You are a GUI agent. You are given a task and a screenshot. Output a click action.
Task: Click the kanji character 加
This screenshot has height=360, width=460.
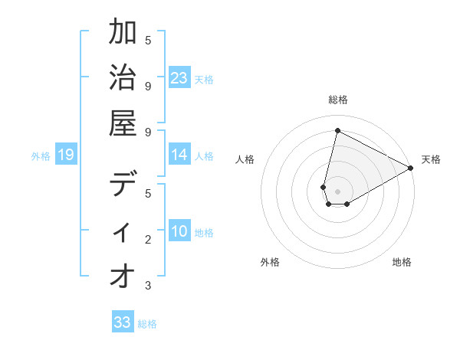[x=123, y=33]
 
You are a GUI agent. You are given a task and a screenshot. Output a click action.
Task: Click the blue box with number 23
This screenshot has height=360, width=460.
[x=179, y=77]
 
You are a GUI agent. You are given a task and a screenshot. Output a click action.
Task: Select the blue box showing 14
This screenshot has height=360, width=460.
[x=179, y=155]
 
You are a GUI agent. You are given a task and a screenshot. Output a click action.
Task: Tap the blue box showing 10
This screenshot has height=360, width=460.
[x=179, y=231]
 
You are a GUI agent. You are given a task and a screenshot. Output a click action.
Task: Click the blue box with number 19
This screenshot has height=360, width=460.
[x=66, y=155]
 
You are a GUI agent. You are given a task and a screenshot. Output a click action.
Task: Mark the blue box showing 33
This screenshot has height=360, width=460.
[x=123, y=322]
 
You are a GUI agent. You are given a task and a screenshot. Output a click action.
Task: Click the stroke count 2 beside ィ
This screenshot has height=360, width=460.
[x=148, y=240]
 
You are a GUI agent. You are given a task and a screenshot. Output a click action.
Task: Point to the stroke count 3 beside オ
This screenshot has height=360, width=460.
[x=148, y=286]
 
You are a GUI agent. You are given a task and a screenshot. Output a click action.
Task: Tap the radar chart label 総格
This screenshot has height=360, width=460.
[x=338, y=100]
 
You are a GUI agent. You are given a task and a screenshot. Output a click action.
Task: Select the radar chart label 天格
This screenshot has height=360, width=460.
[x=431, y=159]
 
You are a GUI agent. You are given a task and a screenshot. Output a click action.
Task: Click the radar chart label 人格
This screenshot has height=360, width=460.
[x=245, y=159]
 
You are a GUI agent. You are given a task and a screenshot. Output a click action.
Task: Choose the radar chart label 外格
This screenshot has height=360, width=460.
[x=270, y=263]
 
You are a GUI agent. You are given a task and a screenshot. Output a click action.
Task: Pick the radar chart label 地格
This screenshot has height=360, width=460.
[x=402, y=263]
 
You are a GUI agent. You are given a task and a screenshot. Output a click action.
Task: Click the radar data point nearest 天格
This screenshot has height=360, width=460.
[x=411, y=169]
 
